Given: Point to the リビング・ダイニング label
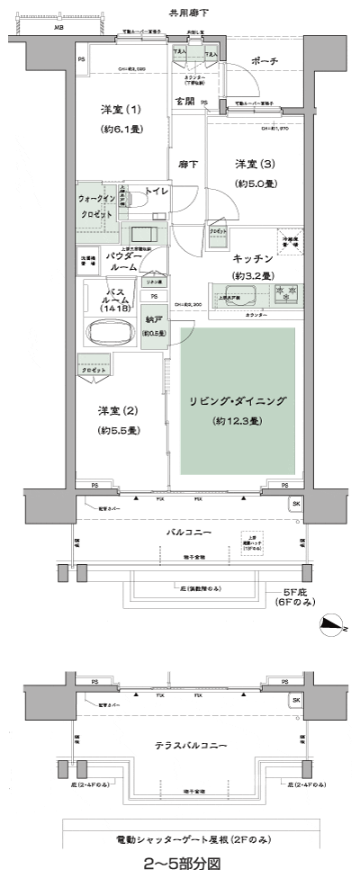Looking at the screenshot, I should (238, 401).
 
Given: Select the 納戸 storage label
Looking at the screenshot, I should (155, 321).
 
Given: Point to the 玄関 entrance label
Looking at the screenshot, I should (186, 101).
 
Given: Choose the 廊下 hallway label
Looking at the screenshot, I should (188, 165).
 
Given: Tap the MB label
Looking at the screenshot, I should (58, 28).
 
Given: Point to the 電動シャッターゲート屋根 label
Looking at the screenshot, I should (188, 838).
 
